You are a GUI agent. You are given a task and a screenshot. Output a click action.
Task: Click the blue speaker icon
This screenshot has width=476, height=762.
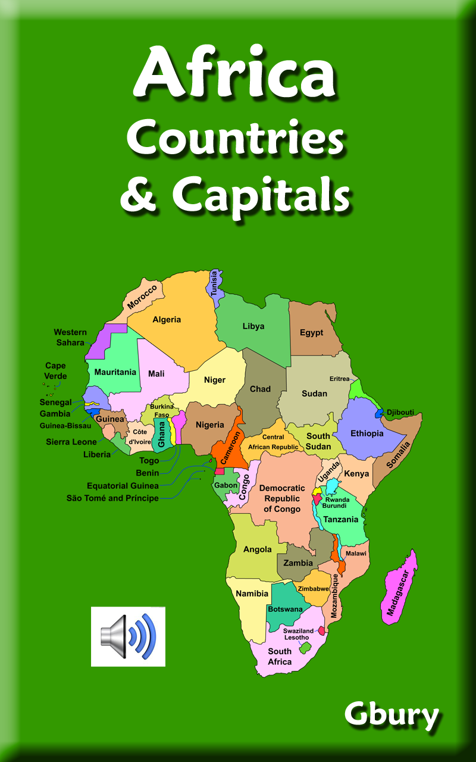click(128, 636)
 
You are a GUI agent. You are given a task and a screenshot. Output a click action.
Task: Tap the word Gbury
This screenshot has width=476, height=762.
click(391, 716)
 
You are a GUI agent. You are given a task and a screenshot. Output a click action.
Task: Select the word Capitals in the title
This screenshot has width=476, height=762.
click(260, 193)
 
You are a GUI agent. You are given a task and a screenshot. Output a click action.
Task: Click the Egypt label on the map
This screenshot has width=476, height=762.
click(311, 332)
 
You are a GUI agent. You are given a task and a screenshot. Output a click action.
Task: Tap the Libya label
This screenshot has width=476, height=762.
click(253, 326)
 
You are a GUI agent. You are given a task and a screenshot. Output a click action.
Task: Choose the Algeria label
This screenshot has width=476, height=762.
click(167, 320)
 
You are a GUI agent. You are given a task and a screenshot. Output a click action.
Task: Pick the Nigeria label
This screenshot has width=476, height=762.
click(210, 425)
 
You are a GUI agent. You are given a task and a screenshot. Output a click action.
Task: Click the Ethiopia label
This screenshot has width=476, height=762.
click(367, 433)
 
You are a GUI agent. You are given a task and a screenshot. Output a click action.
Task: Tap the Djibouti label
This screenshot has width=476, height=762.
click(400, 412)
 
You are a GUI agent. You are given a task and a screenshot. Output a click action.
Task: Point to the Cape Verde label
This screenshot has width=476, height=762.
click(55, 371)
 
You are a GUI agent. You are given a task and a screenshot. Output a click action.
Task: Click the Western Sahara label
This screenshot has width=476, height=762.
click(70, 337)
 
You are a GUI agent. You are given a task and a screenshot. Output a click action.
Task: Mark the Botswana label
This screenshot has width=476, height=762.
click(285, 609)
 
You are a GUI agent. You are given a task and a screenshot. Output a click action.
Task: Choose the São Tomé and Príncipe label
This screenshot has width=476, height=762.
click(112, 498)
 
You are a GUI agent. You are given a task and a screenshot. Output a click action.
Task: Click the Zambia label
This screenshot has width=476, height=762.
click(298, 563)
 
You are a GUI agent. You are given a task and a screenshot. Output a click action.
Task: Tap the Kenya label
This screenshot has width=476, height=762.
click(357, 474)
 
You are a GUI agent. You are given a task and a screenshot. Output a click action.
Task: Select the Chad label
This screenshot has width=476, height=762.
click(260, 389)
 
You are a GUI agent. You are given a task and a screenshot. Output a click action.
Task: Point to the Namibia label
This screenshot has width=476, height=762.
click(252, 594)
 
